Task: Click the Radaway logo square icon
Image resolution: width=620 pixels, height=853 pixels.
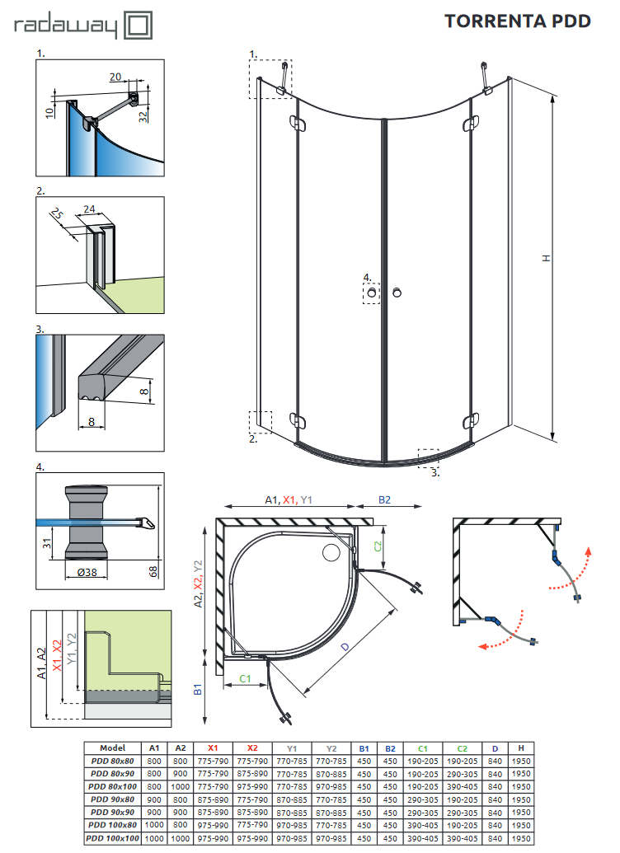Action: [x=138, y=25]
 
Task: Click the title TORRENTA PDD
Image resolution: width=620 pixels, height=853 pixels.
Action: [x=518, y=21]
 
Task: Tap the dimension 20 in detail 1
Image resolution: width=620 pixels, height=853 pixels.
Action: [x=115, y=77]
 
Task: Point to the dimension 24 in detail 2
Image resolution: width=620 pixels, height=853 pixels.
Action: [x=91, y=209]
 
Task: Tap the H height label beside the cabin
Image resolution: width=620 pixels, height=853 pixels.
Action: [x=545, y=258]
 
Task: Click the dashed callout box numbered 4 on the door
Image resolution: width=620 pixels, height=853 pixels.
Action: [x=371, y=293]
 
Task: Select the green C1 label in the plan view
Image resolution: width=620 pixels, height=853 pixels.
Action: [x=245, y=678]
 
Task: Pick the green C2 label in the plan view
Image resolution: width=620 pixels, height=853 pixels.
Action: [x=378, y=546]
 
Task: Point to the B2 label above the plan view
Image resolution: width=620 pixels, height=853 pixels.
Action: [x=384, y=499]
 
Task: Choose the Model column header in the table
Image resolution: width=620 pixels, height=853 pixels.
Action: [x=112, y=748]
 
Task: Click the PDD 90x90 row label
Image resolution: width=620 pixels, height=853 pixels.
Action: [x=112, y=813]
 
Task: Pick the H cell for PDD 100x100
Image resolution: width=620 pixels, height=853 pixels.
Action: [x=521, y=838]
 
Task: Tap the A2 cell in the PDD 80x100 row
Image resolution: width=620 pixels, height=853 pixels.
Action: [x=181, y=787]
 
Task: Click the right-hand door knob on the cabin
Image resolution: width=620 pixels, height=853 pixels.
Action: [x=398, y=293]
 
